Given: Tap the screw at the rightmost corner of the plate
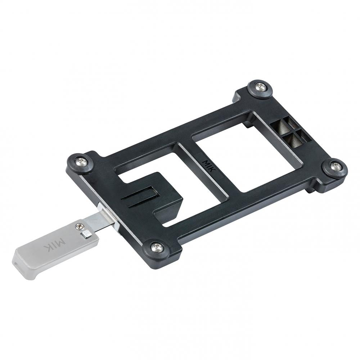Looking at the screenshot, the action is (336, 166).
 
